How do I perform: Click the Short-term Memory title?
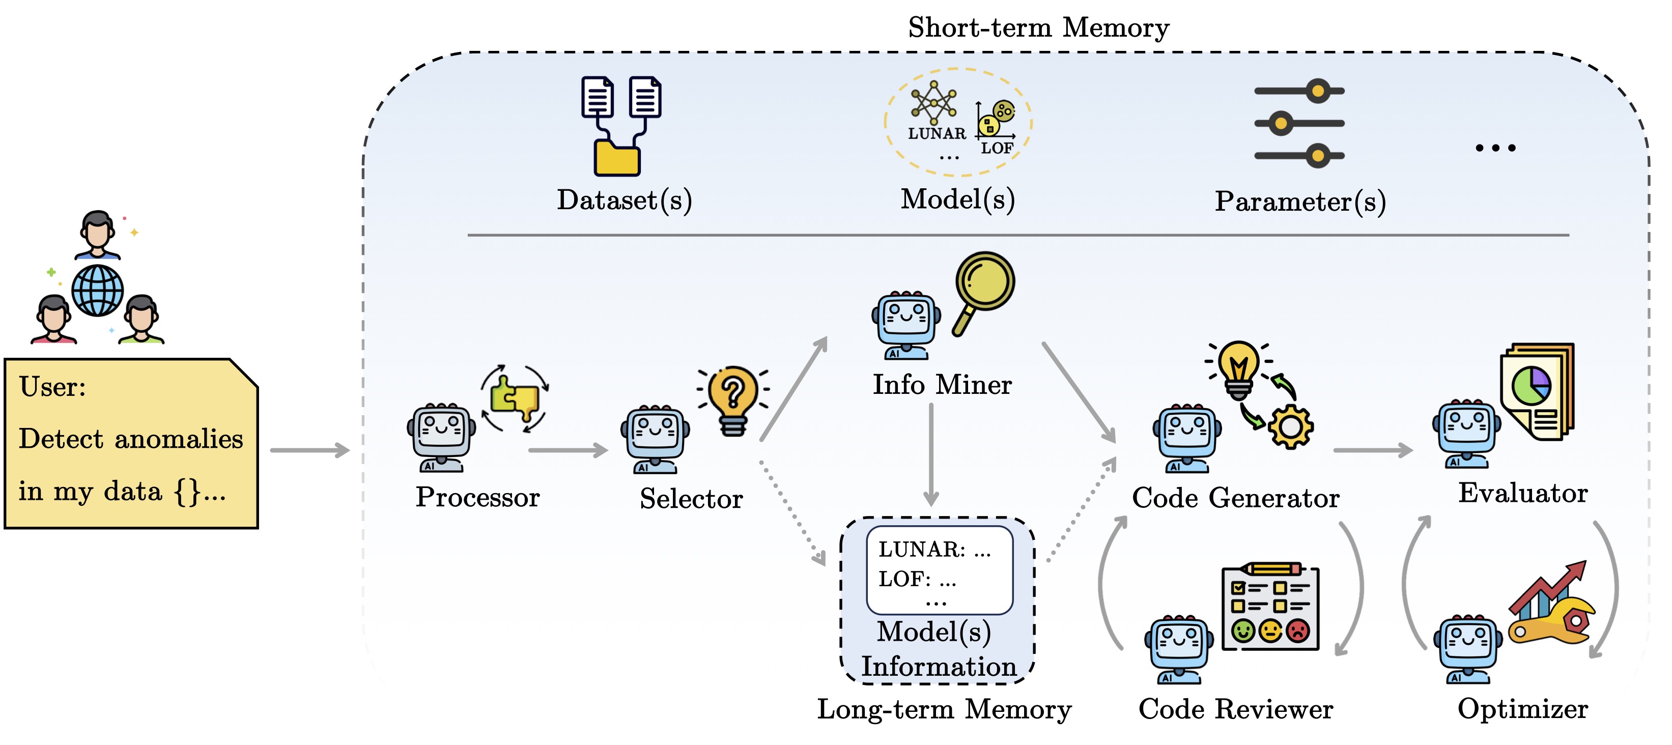(1038, 28)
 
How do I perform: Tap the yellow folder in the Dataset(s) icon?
(616, 158)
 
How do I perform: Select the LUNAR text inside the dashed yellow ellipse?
(937, 134)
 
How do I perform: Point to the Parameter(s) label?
(1300, 202)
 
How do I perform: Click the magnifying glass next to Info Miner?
(983, 289)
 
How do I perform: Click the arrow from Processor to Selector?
(568, 450)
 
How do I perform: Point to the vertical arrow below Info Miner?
(931, 454)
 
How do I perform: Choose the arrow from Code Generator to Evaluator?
(1372, 450)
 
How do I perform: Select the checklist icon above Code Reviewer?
(1270, 607)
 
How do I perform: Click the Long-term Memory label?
(944, 709)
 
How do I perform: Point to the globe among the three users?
(97, 291)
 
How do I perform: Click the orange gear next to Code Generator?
(1290, 426)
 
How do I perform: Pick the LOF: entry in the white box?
(905, 580)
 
